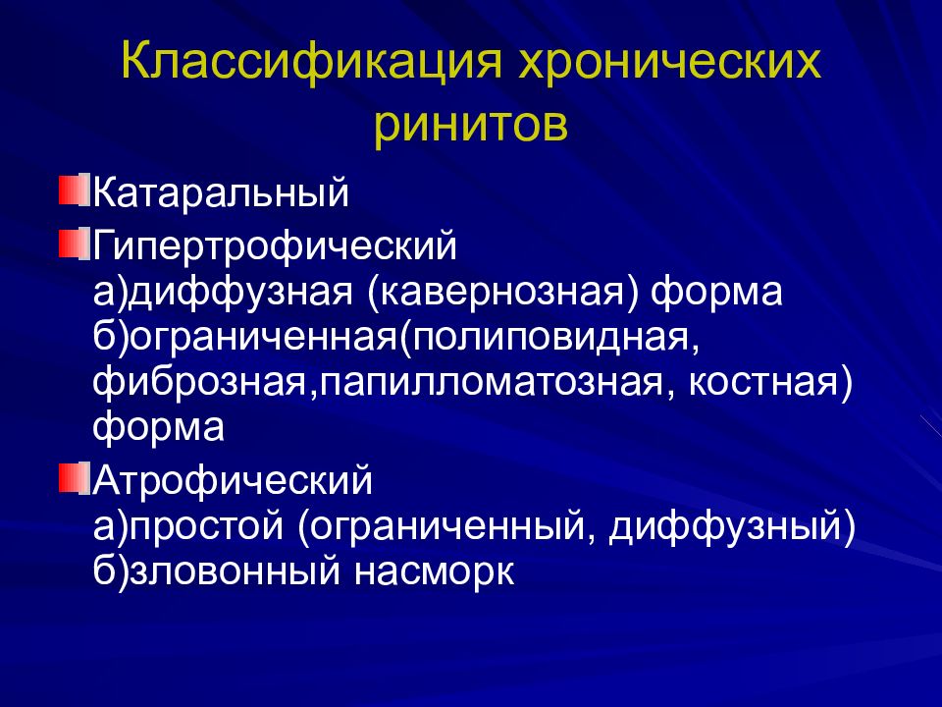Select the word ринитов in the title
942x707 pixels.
coord(471,128)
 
